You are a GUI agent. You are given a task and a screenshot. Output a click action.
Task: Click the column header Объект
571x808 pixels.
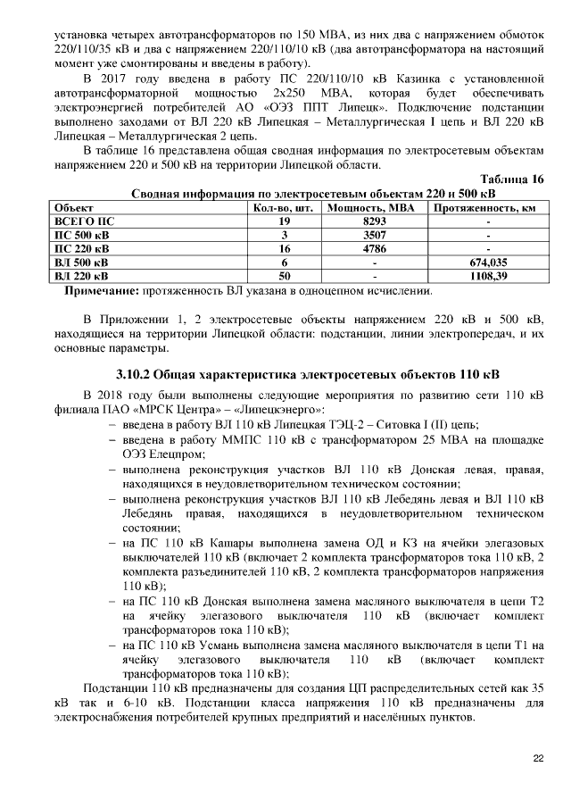(75, 207)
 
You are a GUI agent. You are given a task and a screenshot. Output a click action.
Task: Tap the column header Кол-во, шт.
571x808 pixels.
(285, 207)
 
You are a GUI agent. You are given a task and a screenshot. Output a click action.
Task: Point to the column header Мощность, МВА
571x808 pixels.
(374, 207)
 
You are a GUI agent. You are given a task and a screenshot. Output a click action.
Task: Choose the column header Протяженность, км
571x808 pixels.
(487, 207)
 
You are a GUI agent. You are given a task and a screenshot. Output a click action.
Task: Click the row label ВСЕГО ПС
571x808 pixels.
(85, 221)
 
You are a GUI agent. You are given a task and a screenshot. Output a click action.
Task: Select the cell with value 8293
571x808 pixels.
(374, 221)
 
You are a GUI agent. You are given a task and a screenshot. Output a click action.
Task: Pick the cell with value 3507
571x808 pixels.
(374, 235)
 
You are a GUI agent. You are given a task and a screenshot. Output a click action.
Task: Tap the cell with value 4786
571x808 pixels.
(374, 249)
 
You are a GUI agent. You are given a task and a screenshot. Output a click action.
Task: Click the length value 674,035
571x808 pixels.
(488, 263)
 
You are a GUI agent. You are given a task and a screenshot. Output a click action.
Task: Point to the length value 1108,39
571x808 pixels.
(488, 277)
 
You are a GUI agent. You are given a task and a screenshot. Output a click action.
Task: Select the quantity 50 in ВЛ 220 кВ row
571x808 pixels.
(285, 277)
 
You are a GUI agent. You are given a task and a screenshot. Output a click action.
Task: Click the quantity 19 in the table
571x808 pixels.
(285, 221)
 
